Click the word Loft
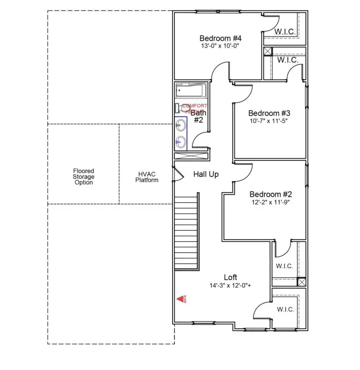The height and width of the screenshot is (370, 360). pyautogui.click(x=230, y=277)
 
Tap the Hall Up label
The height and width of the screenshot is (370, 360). pyautogui.click(x=206, y=174)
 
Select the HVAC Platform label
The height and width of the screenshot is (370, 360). pyautogui.click(x=147, y=177)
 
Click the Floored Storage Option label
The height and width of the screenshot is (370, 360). pyautogui.click(x=83, y=177)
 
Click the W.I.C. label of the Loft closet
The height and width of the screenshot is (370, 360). pyautogui.click(x=285, y=309)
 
